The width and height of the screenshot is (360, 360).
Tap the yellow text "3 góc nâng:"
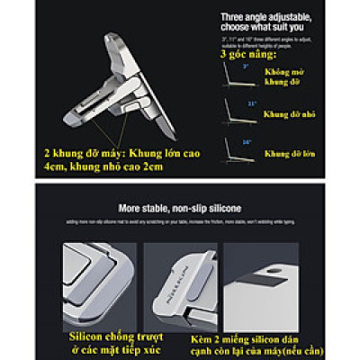coord(247,55)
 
